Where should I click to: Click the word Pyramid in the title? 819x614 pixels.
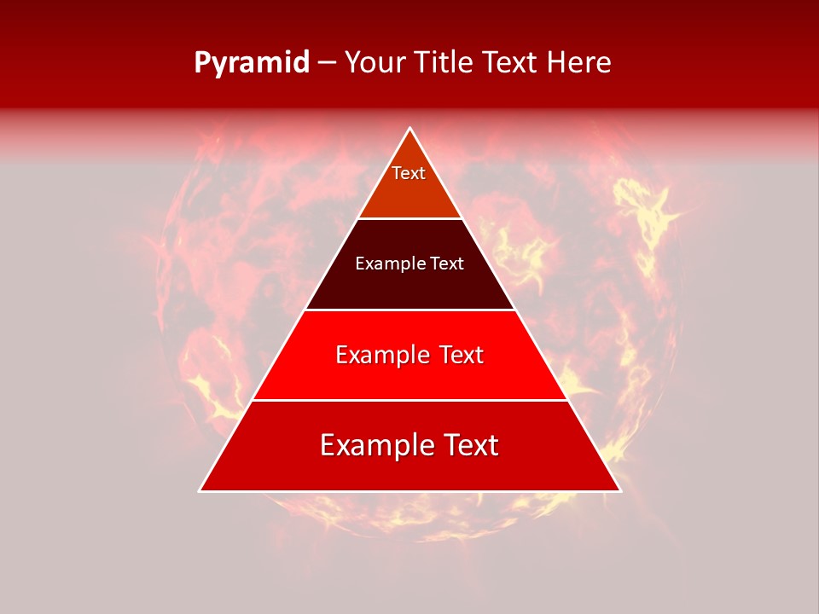click(252, 63)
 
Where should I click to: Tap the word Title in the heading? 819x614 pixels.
click(447, 63)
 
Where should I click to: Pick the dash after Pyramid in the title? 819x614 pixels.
click(327, 64)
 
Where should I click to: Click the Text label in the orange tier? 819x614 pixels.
click(409, 173)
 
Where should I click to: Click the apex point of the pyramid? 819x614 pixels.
click(410, 129)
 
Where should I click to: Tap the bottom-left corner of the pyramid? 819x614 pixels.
click(200, 490)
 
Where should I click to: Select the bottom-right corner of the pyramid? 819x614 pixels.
click(619, 490)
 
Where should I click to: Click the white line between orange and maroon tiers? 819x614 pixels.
click(409, 218)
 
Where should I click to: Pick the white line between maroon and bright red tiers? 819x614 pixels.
click(409, 310)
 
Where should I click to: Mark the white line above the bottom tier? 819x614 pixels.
click(409, 400)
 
